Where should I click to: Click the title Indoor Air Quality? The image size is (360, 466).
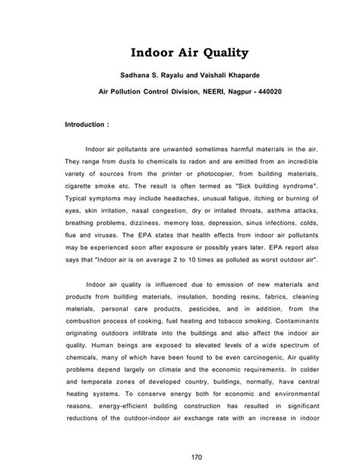[179, 54]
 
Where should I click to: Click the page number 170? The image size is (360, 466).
[180, 455]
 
